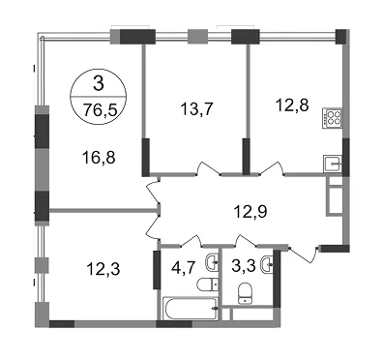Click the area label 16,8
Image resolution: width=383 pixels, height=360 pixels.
tap(99, 158)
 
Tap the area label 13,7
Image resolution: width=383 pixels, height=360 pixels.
tap(196, 109)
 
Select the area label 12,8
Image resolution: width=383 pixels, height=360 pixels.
tap(292, 105)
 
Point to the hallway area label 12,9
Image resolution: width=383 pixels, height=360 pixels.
tap(250, 212)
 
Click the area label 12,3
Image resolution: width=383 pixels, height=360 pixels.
tap(103, 269)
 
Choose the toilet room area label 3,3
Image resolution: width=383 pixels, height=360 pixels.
tap(244, 266)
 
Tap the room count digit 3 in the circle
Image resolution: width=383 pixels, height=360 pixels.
tap(99, 83)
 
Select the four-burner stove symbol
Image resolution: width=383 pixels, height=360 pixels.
tap(332, 117)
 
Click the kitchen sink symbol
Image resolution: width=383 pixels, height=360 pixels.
tap(333, 164)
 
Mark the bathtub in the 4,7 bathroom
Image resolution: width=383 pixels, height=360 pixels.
tap(190, 309)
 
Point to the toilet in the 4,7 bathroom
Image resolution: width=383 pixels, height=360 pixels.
tap(207, 285)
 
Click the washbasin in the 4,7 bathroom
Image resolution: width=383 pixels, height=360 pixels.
tap(212, 262)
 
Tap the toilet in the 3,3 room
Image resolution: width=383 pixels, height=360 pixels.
tap(246, 293)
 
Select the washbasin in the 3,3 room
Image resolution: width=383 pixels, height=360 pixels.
tap(268, 264)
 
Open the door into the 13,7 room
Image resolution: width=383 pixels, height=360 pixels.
tap(209, 169)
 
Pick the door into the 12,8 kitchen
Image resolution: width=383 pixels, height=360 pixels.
tap(272, 168)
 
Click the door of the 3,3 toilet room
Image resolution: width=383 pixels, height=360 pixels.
tap(246, 241)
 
